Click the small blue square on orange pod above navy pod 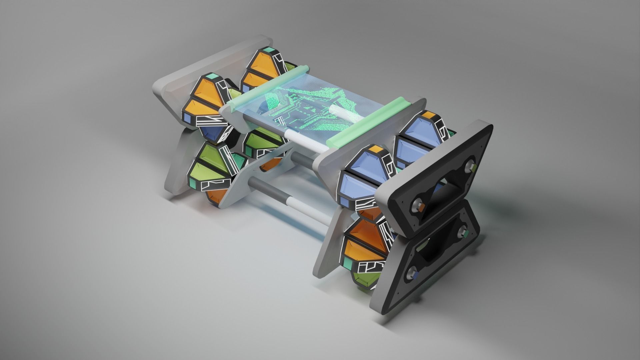pos(188,118)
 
